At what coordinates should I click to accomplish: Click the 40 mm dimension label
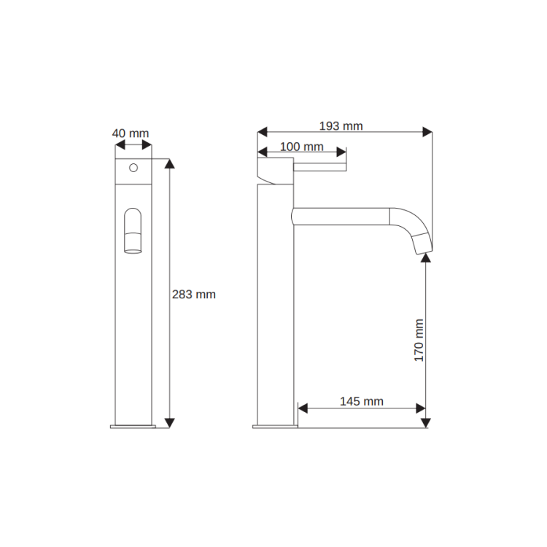click(x=131, y=133)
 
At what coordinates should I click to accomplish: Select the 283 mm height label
click(x=193, y=295)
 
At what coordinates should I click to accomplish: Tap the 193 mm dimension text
click(x=341, y=126)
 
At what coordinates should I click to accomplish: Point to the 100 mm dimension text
click(x=302, y=147)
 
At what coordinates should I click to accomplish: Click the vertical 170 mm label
click(x=419, y=340)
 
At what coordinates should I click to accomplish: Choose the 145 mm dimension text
click(x=362, y=401)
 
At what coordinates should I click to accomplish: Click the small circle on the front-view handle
click(x=133, y=168)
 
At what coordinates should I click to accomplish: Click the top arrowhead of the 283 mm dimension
click(x=169, y=163)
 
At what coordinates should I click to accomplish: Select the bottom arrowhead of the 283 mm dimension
click(x=169, y=423)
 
